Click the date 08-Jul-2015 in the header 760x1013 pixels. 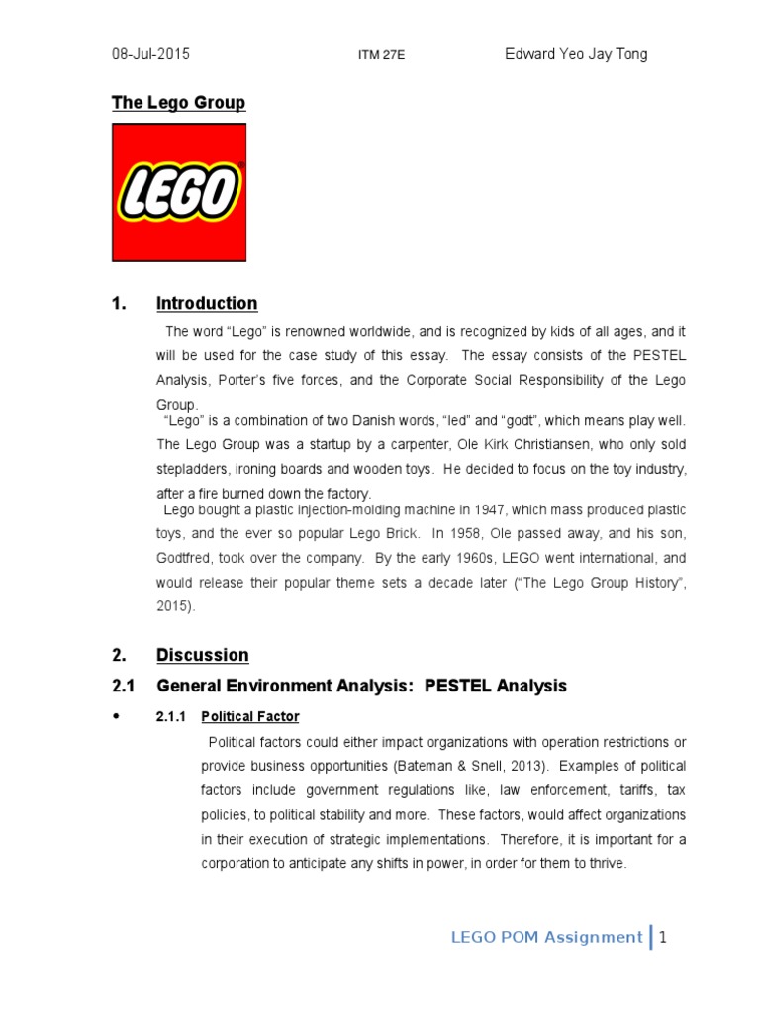(x=150, y=55)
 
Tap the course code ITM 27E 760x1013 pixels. (x=381, y=57)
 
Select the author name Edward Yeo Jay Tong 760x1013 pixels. (x=576, y=55)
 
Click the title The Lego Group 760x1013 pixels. (x=178, y=103)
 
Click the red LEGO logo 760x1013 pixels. (x=179, y=192)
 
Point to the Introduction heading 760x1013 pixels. (x=207, y=303)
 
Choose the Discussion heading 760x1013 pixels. (x=203, y=655)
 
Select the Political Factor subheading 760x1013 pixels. (x=249, y=716)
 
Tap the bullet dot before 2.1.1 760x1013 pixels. (x=118, y=715)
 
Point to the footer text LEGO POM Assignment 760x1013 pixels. (x=546, y=937)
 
